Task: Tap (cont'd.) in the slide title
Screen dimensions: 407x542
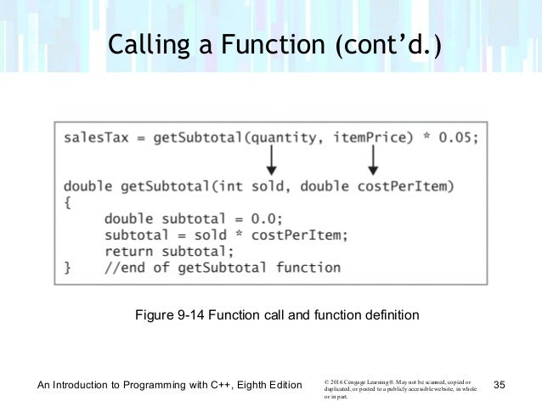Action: (387, 43)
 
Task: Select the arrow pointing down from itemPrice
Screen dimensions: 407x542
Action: (372, 160)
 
